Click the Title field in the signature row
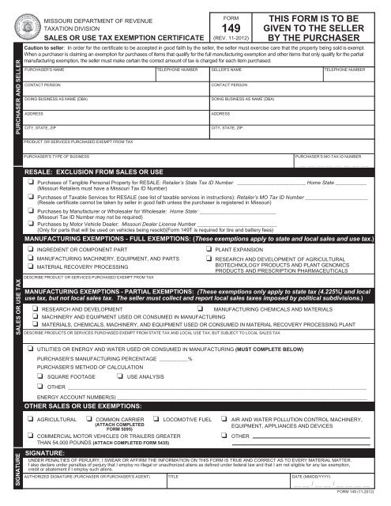(x=229, y=485)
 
